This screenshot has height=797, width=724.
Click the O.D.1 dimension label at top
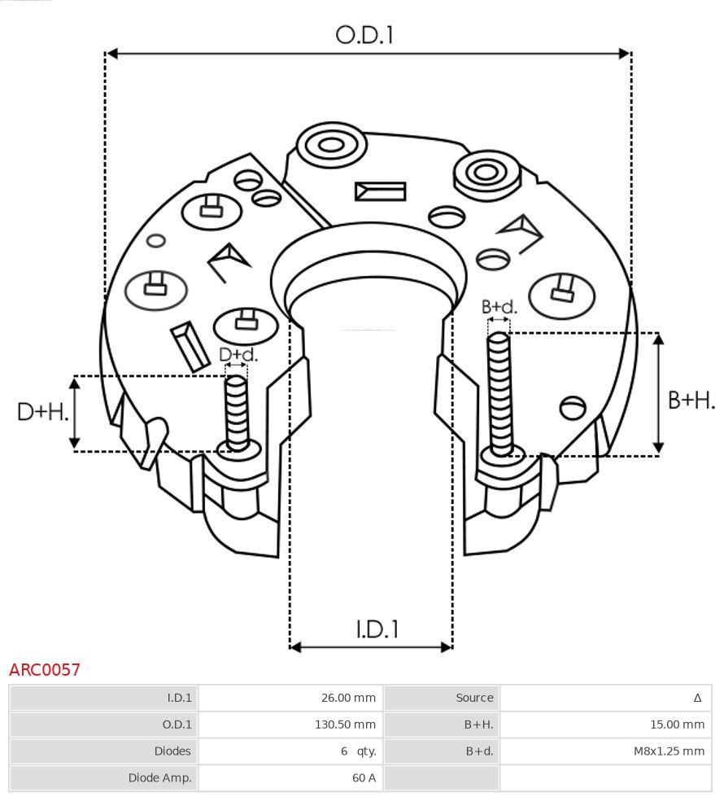coord(364,35)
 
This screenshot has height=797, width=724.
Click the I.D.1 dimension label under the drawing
coord(377,628)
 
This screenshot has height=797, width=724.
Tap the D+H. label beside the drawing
coord(42,412)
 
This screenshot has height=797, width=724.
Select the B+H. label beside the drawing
coord(691,400)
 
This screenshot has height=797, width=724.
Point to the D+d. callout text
coord(238,355)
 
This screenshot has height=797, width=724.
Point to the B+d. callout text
coord(499,307)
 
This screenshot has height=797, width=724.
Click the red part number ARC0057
coord(45,670)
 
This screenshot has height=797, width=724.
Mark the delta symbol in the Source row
coord(697,698)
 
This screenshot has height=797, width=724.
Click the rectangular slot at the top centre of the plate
coord(380,191)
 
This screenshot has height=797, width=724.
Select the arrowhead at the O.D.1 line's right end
coord(625,54)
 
